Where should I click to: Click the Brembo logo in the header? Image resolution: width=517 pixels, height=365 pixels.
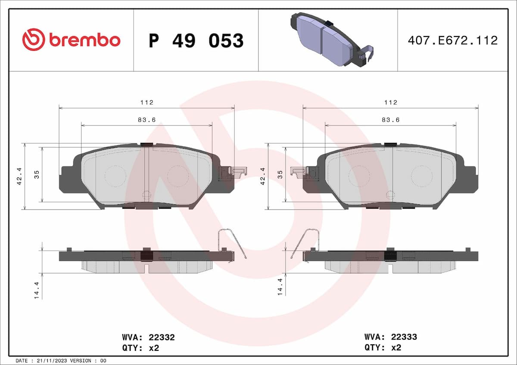(71, 40)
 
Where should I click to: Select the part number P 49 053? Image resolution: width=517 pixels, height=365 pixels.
(196, 41)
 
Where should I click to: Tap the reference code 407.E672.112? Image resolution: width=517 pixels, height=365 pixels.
(452, 40)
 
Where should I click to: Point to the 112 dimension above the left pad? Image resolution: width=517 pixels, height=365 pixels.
(146, 102)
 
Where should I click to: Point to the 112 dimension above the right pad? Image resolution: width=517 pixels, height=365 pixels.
(391, 102)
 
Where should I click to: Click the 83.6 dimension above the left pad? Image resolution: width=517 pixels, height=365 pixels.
(146, 120)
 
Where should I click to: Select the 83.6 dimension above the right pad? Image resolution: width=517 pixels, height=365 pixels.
(391, 120)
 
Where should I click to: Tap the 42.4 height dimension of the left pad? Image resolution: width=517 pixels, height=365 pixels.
(19, 176)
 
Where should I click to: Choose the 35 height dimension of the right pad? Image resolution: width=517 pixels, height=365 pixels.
(280, 174)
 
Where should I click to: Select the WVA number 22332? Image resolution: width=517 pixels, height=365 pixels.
(161, 337)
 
